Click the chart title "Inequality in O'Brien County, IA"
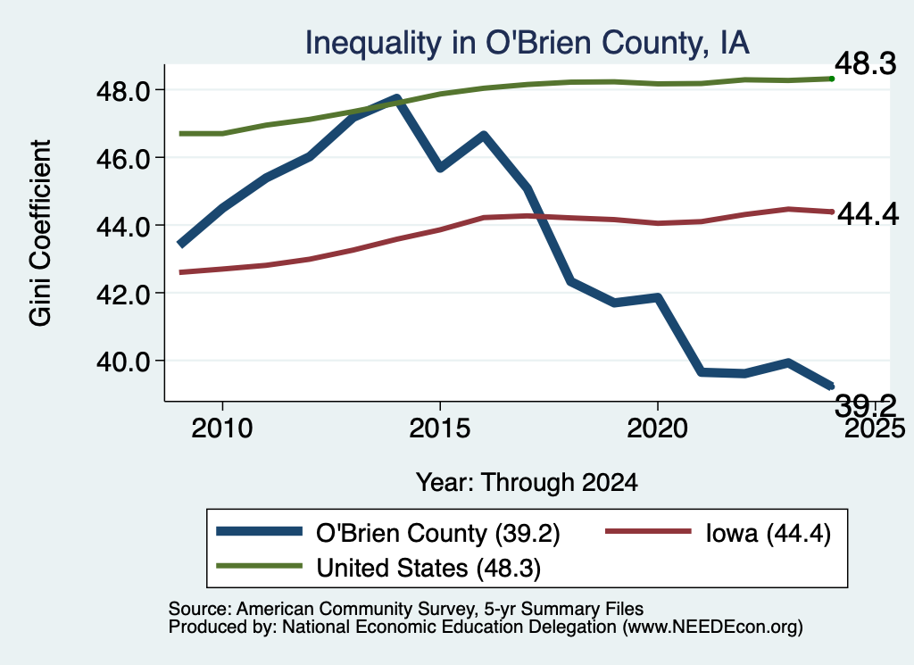tap(527, 44)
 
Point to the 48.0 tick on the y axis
tap(123, 91)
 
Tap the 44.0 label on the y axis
tap(123, 226)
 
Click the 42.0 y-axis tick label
tap(123, 294)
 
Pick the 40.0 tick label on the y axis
tap(123, 362)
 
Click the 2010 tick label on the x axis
tap(222, 428)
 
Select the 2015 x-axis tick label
tap(439, 428)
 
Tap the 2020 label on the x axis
tap(657, 428)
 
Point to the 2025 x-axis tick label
tap(875, 428)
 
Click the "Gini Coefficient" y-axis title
tap(40, 233)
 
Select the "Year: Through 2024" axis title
tap(527, 483)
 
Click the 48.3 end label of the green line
tap(865, 63)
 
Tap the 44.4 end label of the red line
tap(868, 214)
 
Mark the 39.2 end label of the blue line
tap(865, 405)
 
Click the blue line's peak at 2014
tap(396, 98)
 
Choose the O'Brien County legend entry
tap(387, 533)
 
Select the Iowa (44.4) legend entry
tap(719, 533)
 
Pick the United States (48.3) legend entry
tap(378, 568)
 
